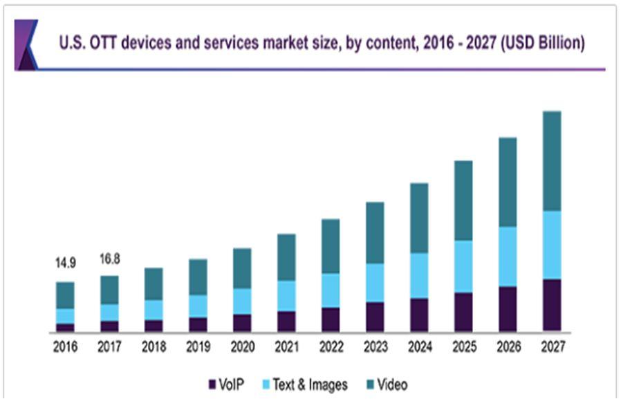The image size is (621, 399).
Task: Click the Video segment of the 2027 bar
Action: point(551,160)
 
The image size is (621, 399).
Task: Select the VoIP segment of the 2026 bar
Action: point(507,308)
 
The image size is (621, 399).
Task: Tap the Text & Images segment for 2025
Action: point(463,266)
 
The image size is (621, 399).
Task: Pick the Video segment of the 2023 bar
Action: point(374,232)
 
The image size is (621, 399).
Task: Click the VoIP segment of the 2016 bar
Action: point(65,327)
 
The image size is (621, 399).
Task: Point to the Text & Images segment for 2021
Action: point(286,295)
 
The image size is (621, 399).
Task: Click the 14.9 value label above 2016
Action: point(65,263)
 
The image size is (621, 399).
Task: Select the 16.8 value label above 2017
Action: point(109,259)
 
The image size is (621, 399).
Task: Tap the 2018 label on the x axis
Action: point(154,347)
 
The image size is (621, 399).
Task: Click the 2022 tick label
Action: point(331,347)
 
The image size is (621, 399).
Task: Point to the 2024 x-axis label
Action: point(419,347)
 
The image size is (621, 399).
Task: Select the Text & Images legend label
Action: point(310,384)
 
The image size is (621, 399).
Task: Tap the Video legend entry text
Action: point(392,384)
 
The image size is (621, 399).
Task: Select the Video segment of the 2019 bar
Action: point(198,277)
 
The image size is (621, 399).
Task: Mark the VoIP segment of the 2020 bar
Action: point(242,322)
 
